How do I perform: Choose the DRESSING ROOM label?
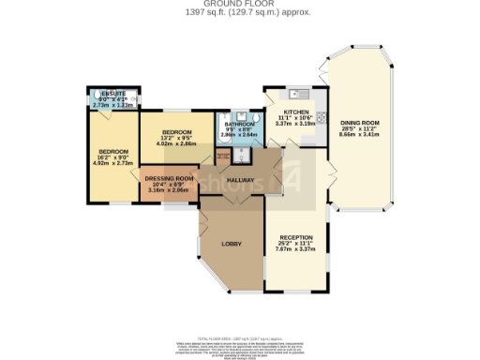[170, 178]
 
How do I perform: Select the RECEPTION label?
[295, 237]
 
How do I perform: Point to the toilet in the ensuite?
[95, 103]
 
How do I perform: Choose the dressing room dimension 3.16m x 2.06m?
[170, 190]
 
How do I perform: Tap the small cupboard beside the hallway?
[223, 157]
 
